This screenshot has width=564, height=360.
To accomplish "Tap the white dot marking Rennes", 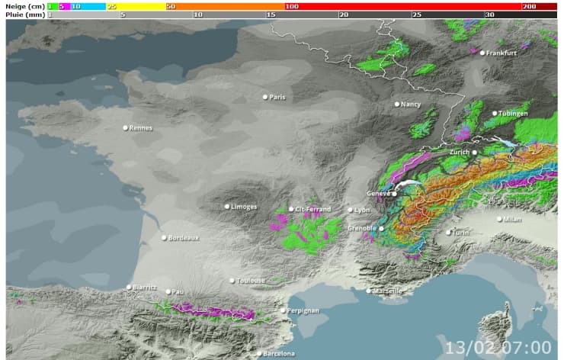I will coord(126,127).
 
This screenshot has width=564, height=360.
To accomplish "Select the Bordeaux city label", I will coord(184,237).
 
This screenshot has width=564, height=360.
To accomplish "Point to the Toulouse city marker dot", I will coord(232,281).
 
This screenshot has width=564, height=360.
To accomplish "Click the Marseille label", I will coord(388,291).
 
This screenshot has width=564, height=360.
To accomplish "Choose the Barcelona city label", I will coord(278,354).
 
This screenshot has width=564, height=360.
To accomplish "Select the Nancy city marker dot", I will coord(397,104).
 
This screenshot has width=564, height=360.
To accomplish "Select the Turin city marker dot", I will coord(447,232).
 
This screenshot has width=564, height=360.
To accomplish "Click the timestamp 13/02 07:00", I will coord(498,347).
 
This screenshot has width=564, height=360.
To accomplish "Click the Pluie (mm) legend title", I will coord(24,14).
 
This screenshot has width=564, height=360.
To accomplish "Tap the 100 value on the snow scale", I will coord(291,5).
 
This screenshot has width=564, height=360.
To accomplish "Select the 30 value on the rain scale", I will coord(489,14).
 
